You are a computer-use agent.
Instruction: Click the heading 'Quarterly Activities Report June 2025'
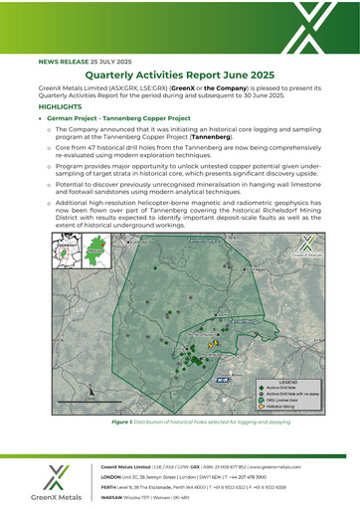(180, 76)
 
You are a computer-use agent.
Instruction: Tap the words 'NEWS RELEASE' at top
(62, 61)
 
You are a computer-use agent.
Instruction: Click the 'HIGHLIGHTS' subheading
(62, 104)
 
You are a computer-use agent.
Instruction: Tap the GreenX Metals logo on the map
(306, 251)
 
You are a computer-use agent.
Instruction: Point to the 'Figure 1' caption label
(126, 422)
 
